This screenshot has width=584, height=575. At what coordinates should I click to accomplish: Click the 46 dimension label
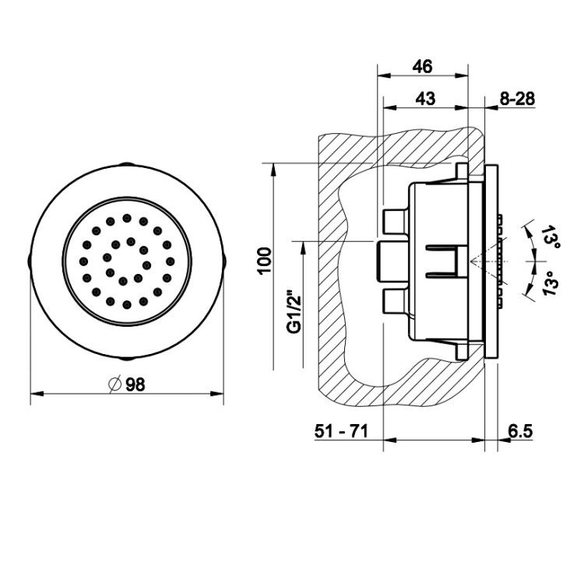pos(422,67)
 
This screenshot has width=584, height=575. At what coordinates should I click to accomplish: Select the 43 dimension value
pos(425,99)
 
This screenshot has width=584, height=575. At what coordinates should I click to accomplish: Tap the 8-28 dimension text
pos(517,99)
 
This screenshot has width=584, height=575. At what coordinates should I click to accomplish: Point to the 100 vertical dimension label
pos(265,261)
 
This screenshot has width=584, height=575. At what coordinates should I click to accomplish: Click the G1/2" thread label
pos(294,307)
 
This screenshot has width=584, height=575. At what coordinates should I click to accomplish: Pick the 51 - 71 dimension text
pos(341,431)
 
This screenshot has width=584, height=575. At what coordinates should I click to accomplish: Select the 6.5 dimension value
pos(520,431)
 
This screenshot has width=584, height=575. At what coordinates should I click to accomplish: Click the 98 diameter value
pos(135,384)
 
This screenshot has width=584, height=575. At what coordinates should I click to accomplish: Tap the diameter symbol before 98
pos(115,384)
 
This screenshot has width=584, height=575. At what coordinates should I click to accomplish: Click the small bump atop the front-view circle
pos(127,163)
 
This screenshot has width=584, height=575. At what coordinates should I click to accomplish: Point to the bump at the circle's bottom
pos(127,359)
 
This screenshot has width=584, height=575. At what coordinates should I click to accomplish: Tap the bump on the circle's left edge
pos(30,261)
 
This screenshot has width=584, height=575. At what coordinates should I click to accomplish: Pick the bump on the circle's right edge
pos(224,261)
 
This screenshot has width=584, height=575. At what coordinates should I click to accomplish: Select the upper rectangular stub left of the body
pos(396,222)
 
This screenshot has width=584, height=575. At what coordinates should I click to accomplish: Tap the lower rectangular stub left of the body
pos(396,300)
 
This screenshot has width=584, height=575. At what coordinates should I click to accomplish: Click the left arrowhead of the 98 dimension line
pos(37,394)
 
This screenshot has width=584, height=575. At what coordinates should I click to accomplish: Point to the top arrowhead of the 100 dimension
pos(273,170)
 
